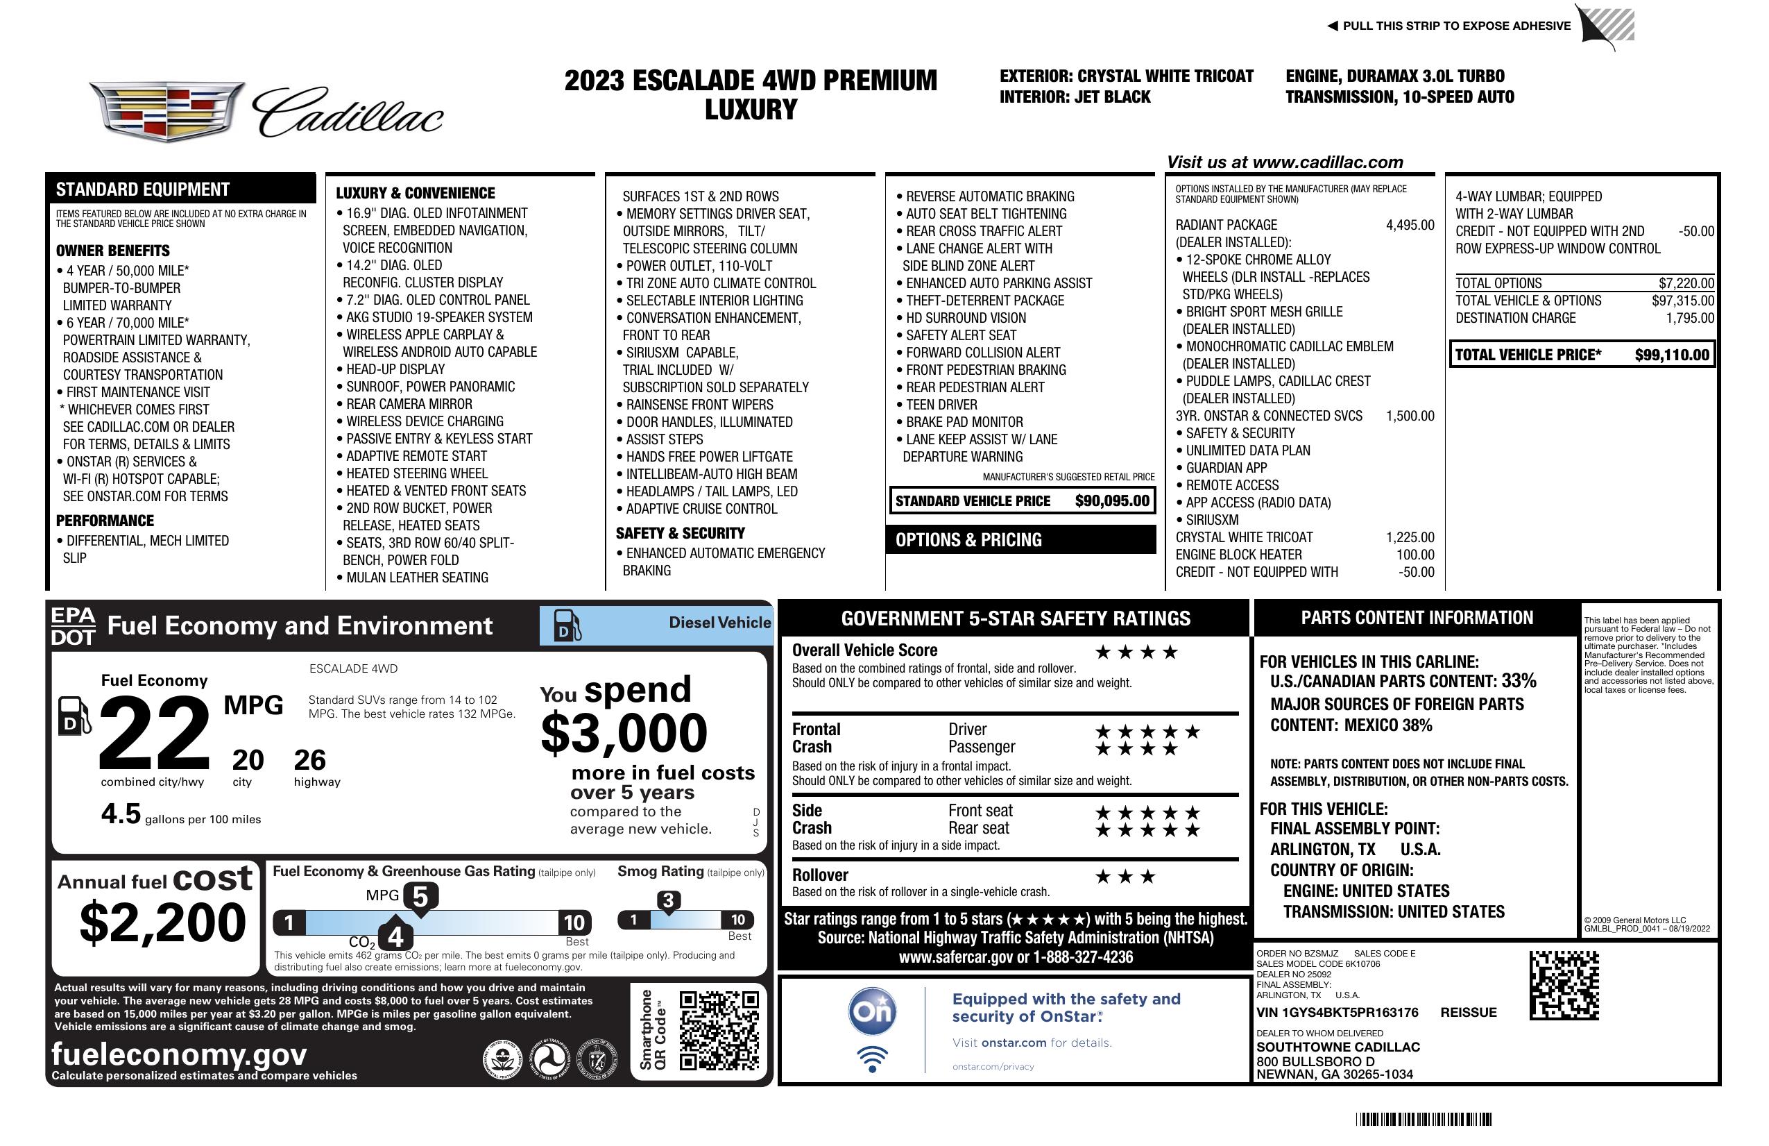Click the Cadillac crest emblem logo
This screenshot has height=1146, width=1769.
click(x=167, y=112)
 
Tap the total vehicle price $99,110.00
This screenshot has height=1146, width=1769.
click(x=1672, y=355)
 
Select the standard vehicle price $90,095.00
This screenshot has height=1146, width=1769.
click(x=1112, y=501)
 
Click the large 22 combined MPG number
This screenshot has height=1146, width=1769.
click(x=155, y=733)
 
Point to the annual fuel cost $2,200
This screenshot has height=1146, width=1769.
click(x=163, y=922)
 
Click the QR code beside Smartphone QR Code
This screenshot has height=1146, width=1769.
click(x=719, y=1030)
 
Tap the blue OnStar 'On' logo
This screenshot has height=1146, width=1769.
click(x=873, y=1011)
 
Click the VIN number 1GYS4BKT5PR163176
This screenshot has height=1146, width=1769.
click(x=1338, y=1012)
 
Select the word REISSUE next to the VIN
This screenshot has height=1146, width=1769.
click(x=1469, y=1012)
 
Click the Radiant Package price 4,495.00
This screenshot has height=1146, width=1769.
click(x=1409, y=226)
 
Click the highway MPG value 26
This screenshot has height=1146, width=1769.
click(x=310, y=760)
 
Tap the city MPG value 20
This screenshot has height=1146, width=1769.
click(x=248, y=760)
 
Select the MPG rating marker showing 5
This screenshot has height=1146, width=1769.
click(x=420, y=898)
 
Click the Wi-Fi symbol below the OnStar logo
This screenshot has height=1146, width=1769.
click(x=873, y=1059)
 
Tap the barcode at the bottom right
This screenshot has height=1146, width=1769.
click(x=1423, y=1119)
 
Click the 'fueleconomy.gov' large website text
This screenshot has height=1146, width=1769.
click(x=179, y=1054)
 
